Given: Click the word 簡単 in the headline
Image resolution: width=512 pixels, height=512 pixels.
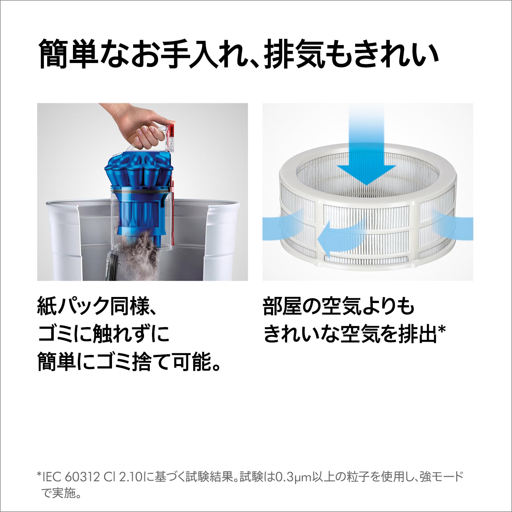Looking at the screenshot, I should click(68, 53).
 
